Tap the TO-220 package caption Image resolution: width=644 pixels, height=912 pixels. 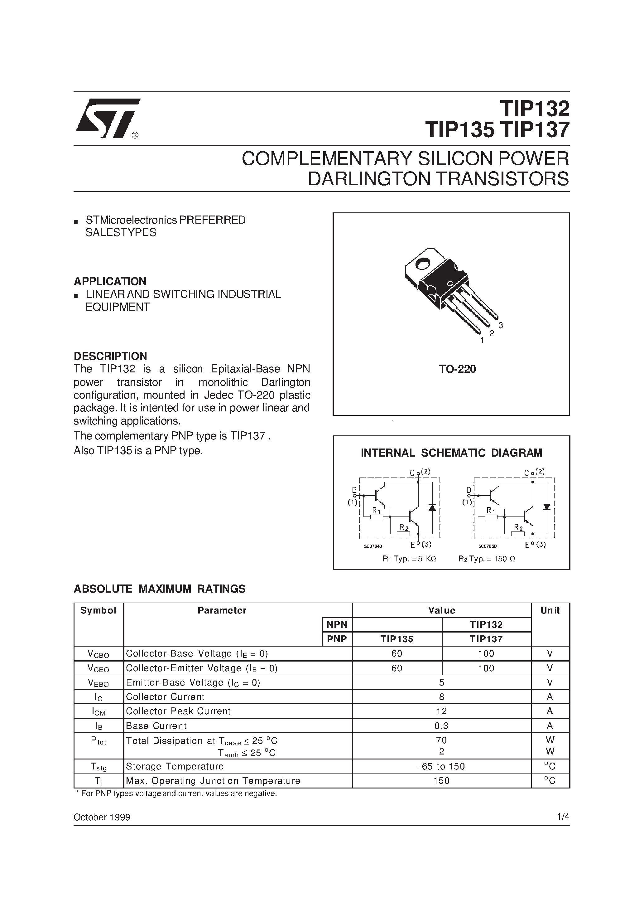coord(457,369)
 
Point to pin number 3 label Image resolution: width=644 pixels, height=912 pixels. coord(500,325)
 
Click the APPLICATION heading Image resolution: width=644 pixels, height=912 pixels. coord(110,281)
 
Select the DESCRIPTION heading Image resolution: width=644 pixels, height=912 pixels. coord(110,356)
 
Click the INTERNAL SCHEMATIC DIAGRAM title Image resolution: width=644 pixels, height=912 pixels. coord(451,453)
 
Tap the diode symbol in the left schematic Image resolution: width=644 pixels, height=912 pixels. coord(432,508)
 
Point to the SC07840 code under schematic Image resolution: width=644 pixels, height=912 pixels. coord(373,546)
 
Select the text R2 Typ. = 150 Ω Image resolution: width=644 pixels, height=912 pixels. coord(487,559)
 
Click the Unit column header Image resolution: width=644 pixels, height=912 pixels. coord(550,610)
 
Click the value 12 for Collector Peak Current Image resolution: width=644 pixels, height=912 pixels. coord(441,711)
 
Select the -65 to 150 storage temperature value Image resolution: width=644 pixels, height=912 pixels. coord(441,766)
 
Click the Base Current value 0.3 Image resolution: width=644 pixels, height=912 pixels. coord(441,726)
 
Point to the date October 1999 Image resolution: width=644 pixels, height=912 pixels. coord(102,817)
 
